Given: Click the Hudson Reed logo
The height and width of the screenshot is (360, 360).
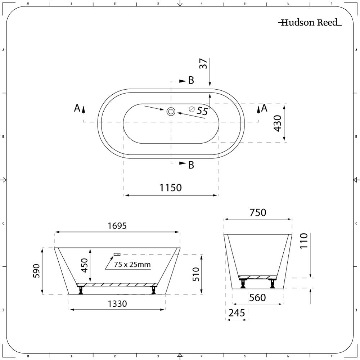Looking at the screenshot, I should pyautogui.click(x=310, y=23).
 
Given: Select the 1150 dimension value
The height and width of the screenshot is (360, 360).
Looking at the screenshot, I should pyautogui.click(x=171, y=188).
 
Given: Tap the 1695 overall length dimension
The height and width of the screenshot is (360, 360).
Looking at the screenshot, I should pyautogui.click(x=117, y=226).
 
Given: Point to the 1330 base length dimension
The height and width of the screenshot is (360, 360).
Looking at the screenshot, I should pyautogui.click(x=117, y=303).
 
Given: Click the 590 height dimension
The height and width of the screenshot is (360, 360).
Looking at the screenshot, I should pyautogui.click(x=36, y=271).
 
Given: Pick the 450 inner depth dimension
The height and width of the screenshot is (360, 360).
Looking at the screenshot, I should pyautogui.click(x=84, y=266).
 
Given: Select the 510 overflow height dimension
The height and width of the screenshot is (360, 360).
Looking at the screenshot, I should pyautogui.click(x=196, y=274).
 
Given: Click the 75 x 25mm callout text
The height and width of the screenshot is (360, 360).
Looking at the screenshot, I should pyautogui.click(x=132, y=265).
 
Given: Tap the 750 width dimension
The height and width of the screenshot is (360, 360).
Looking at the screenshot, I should pyautogui.click(x=258, y=213).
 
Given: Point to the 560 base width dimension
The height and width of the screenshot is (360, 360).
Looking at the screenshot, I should pyautogui.click(x=257, y=298).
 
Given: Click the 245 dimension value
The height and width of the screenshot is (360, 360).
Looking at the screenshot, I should pyautogui.click(x=237, y=313).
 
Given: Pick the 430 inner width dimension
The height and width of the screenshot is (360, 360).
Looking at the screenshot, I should pyautogui.click(x=278, y=123).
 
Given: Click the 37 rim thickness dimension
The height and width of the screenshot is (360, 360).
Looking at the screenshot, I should pyautogui.click(x=204, y=64).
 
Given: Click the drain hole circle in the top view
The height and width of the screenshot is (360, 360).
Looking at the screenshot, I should pyautogui.click(x=171, y=111).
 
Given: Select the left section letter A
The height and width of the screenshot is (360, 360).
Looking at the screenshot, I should pyautogui.click(x=77, y=108).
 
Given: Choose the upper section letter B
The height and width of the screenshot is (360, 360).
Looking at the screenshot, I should pyautogui.click(x=191, y=81).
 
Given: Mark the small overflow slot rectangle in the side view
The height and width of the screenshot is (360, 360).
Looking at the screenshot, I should pyautogui.click(x=117, y=254).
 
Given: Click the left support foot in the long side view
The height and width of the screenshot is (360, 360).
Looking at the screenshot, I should pyautogui.click(x=81, y=289).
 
